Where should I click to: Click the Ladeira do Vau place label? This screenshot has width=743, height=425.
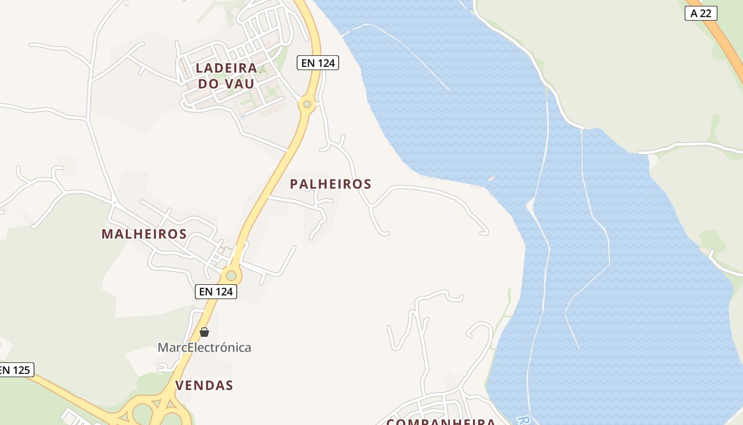click(227, 75)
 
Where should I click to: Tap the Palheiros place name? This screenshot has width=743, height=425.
click(331, 184)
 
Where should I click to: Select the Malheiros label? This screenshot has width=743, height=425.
click(144, 234)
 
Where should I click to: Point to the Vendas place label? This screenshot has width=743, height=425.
click(204, 386)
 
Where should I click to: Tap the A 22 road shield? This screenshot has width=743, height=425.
click(701, 13)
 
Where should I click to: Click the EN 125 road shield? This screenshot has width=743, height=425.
click(15, 370)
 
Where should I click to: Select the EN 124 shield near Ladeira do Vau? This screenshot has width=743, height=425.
click(317, 63)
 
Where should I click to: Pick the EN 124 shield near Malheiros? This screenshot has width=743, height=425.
click(215, 291)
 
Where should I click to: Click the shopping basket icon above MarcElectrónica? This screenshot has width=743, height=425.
click(204, 332)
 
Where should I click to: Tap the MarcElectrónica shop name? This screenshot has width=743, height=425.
click(204, 347)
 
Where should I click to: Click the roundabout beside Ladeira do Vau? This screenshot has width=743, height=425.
click(307, 104)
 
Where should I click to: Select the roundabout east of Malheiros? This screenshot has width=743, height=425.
click(231, 276)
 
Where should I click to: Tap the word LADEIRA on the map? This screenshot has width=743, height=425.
click(227, 68)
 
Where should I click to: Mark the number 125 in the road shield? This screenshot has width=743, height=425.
click(21, 370)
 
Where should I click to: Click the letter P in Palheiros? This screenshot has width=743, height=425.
click(295, 184)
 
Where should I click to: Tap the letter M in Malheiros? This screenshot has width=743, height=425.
click(107, 234)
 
